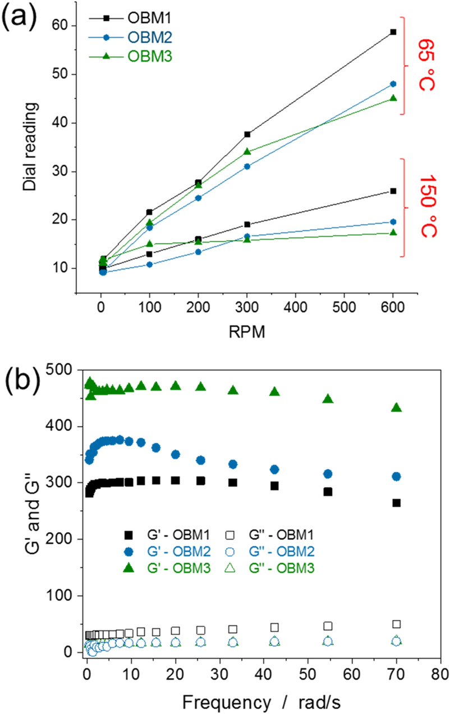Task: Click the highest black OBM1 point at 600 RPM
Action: pos(393,32)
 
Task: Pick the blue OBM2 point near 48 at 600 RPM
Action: pos(393,84)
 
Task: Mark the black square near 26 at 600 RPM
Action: pos(393,191)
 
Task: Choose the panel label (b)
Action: pos(21,382)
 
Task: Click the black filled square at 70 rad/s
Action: pos(397,503)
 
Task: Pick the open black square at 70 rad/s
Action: pos(397,624)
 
